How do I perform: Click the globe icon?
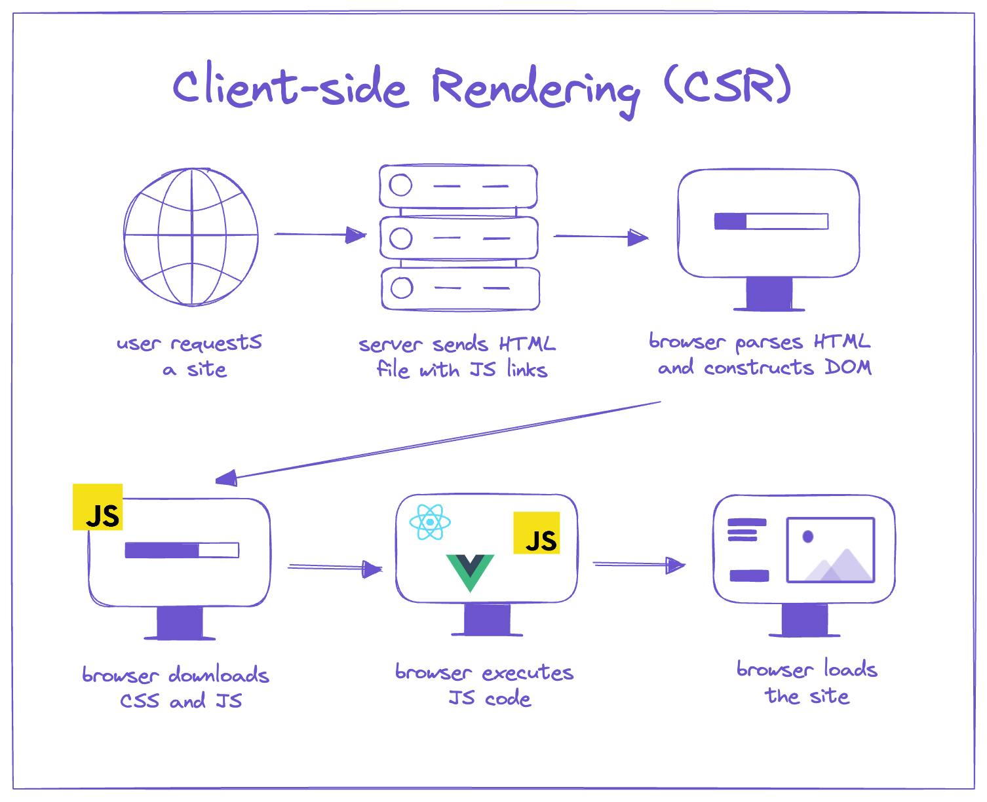[x=191, y=237]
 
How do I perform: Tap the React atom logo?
[x=430, y=522]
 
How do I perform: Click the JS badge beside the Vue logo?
[x=536, y=533]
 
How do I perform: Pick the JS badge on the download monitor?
[x=98, y=506]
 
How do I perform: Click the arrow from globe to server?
[x=319, y=235]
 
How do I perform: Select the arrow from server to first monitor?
[x=600, y=237]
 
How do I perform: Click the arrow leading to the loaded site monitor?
[x=638, y=564]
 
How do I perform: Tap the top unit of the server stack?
[x=459, y=186]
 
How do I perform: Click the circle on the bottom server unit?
[x=401, y=288]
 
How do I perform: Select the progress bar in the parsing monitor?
[x=771, y=221]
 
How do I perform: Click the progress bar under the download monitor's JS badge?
[x=182, y=550]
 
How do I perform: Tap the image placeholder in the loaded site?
[x=830, y=550]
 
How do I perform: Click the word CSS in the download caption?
[x=140, y=701]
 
